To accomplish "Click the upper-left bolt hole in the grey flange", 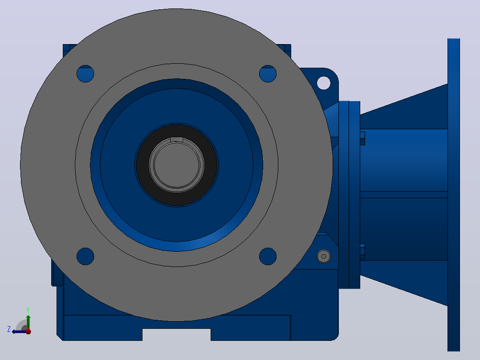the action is point(85,74).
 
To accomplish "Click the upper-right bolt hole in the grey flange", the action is point(268,74).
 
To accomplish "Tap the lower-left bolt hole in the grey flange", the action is point(85,256).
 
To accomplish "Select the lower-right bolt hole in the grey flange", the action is point(268,256).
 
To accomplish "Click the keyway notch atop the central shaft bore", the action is point(176,139).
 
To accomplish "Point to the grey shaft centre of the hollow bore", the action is point(176,165).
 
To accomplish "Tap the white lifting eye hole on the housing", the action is point(324,83).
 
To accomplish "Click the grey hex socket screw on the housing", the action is point(324,257).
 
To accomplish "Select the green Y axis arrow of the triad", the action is point(28,322).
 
